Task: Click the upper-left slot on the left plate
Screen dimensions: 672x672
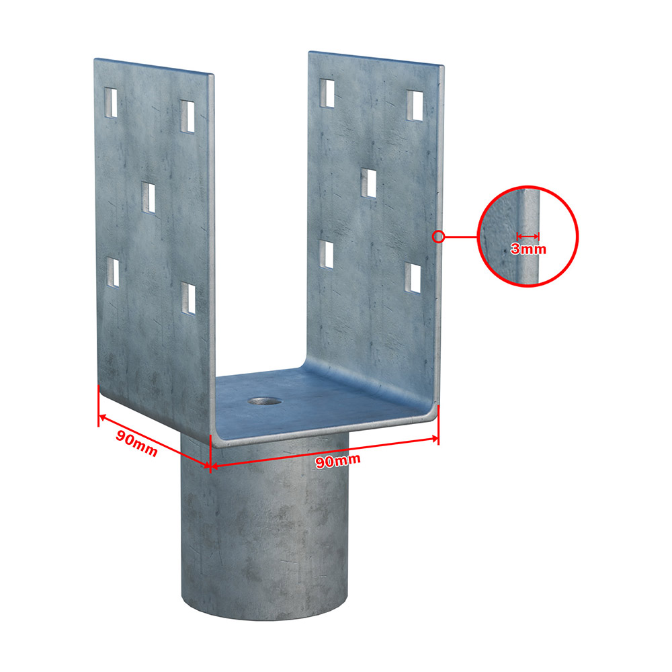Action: point(111,102)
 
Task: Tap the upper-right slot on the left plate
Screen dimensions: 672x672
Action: point(187,116)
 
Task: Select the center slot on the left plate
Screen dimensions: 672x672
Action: point(149,198)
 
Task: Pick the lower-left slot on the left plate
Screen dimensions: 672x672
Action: point(113,273)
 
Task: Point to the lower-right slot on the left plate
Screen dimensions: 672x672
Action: point(187,298)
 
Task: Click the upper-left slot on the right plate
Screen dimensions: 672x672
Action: point(327,93)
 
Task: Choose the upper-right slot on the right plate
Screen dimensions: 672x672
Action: point(415,106)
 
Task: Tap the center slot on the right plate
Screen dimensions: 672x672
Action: point(368,183)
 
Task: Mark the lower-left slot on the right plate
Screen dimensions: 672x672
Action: point(327,255)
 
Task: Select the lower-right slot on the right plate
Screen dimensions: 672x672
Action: point(413,278)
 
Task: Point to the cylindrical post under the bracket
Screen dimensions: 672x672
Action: point(264,527)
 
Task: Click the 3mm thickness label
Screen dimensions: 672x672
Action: point(528,249)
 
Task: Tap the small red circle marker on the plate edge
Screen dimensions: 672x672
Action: point(438,236)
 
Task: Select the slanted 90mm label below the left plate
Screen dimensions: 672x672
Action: point(136,443)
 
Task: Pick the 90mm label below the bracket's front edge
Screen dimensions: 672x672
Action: point(338,461)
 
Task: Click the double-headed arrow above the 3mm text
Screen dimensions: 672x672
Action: point(528,236)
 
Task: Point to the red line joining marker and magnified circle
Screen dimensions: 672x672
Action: point(461,236)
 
